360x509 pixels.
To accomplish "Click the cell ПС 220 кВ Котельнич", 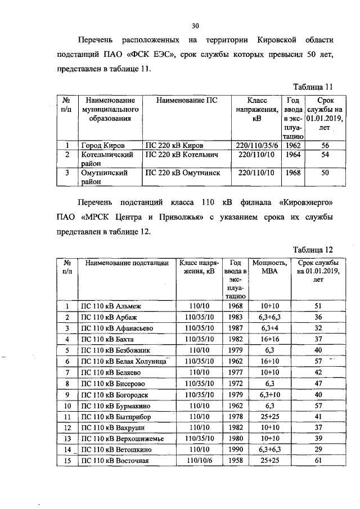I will point(181,154).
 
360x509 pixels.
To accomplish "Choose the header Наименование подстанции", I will point(127,263).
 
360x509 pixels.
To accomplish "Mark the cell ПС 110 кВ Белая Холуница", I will point(124,361).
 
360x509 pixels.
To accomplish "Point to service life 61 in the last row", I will point(317,461).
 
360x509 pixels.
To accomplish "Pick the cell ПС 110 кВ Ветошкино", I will point(117,449).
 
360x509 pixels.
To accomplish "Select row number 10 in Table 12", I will point(67,405).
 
